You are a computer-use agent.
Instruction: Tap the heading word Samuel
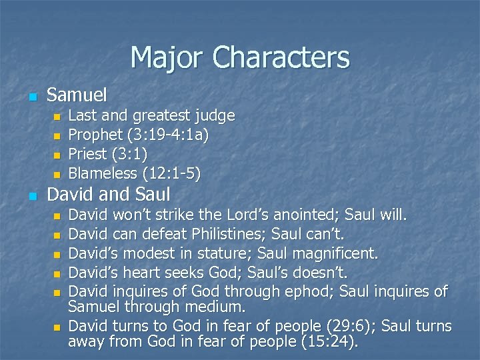(77, 95)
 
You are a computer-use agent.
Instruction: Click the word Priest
(88, 155)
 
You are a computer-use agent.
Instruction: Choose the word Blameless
(103, 174)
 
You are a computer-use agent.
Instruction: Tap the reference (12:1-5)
(171, 174)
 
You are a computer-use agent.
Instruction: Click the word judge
(214, 117)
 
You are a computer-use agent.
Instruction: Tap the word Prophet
(96, 135)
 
